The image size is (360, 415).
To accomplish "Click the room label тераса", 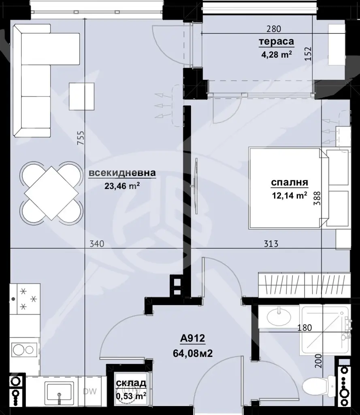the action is point(277,42).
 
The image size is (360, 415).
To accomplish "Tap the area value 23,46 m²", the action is point(122,186).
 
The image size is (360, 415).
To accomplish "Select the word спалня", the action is point(290,183).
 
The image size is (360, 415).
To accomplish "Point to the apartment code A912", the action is point(193,338).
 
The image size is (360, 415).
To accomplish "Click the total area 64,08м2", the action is point(193,353).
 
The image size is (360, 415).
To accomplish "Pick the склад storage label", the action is point(131,383).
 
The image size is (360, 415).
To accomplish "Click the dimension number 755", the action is point(81,138).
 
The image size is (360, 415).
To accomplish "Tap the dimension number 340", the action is point(97,244).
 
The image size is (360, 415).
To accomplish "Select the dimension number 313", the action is point(271,244).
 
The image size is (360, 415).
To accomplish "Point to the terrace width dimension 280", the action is point(273,29).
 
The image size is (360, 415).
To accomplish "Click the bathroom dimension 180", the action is point(305,328).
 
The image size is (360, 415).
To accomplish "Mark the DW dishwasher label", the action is point(89,391).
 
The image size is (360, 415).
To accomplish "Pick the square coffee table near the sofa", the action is point(82,96).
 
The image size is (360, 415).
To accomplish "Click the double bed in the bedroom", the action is point(288,188).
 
